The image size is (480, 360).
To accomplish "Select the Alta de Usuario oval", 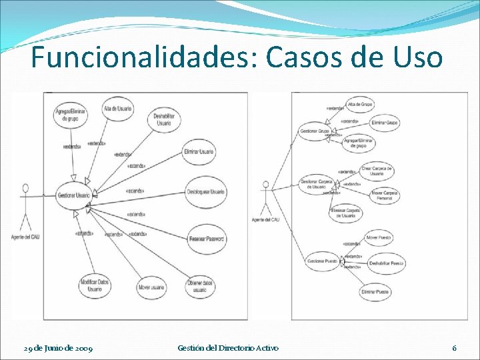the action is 118,109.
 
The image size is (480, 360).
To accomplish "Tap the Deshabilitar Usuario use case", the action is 164,120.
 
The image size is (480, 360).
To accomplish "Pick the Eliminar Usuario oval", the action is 199,153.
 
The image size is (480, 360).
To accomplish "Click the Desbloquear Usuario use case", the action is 206,193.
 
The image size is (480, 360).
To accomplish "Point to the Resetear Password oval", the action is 206,238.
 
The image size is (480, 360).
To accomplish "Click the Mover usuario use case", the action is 151,288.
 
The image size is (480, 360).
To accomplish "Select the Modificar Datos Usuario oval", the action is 95,286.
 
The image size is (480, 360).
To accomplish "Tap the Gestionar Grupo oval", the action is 315,131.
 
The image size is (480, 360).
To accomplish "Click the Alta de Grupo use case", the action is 361,105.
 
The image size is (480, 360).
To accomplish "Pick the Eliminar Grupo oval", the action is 385,123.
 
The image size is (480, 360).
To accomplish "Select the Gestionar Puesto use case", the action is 323,261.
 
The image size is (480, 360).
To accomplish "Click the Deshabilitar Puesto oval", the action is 387,263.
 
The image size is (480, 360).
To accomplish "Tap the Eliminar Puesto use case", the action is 375,291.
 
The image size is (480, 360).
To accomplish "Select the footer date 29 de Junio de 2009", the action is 58,348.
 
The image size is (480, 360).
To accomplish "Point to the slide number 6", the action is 454,348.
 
